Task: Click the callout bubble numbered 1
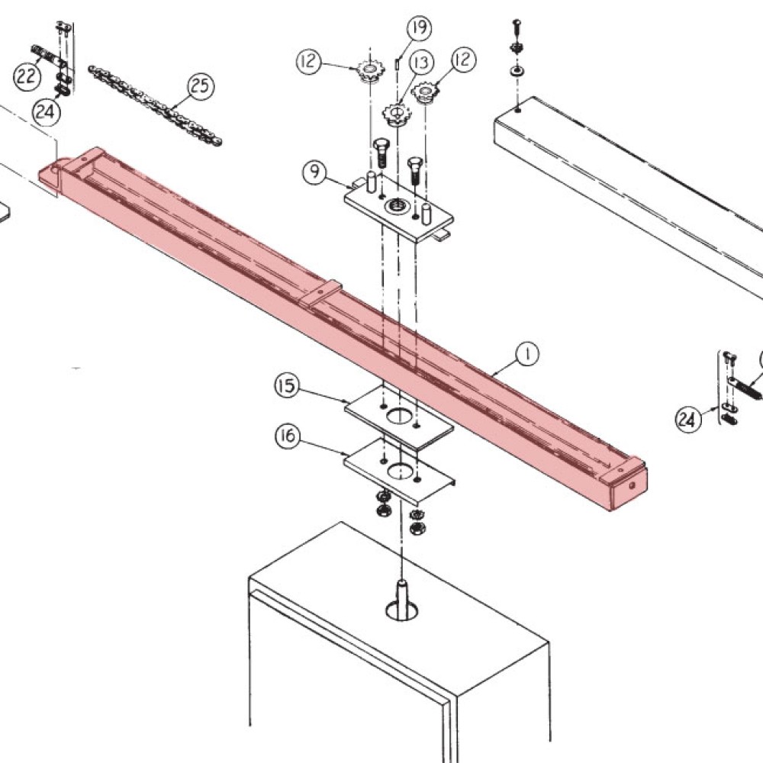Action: point(527,353)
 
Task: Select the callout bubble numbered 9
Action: point(314,172)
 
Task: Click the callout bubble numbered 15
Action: point(287,386)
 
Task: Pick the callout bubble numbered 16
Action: point(287,437)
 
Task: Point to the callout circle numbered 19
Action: point(418,29)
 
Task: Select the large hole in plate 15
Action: point(398,416)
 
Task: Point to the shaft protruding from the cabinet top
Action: point(402,595)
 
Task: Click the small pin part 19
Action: point(398,63)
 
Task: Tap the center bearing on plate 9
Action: point(397,204)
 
